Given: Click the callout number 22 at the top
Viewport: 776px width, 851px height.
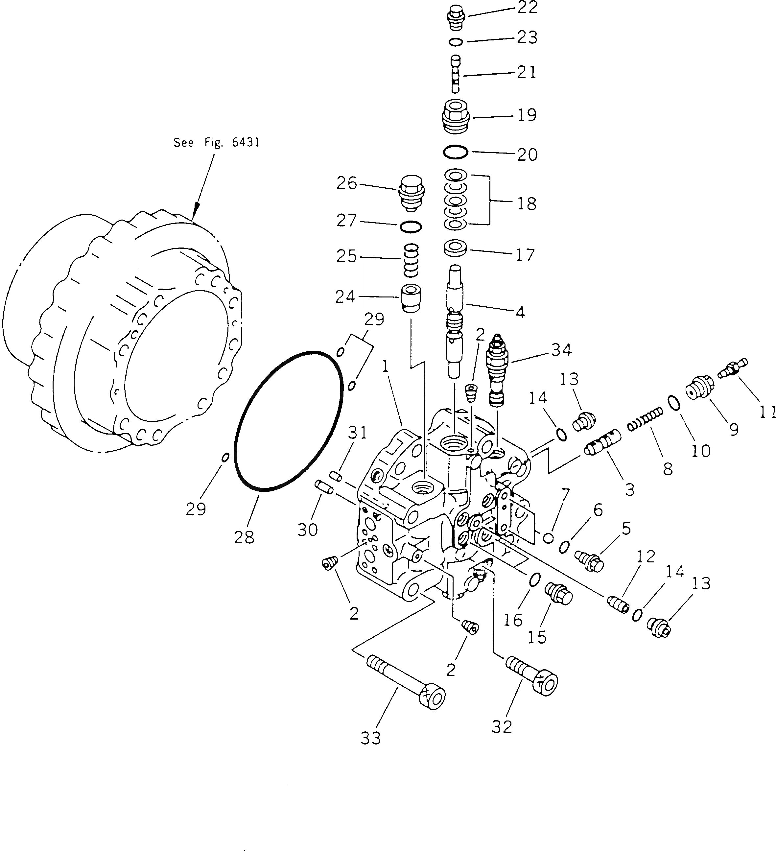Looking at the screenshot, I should (527, 8).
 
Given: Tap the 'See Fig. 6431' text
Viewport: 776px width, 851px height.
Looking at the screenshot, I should (217, 143).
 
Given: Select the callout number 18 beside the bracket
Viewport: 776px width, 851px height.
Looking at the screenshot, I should (527, 203).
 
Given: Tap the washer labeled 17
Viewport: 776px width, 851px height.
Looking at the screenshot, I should (455, 248).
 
